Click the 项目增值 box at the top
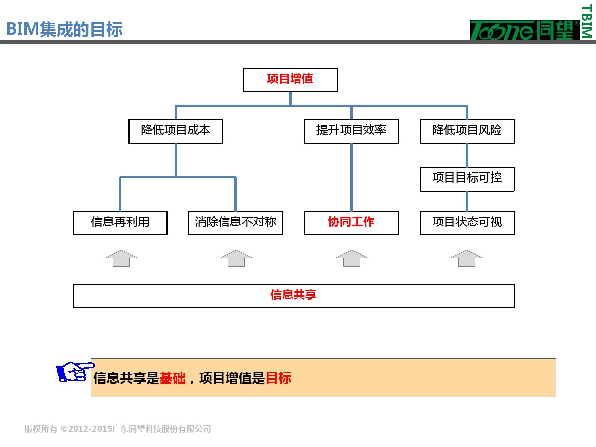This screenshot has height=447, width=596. click(x=290, y=80)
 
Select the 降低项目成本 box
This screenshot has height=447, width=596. click(x=176, y=131)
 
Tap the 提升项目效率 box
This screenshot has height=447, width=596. click(x=351, y=131)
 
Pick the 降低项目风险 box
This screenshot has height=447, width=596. click(x=467, y=131)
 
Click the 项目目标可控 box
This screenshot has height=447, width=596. click(x=467, y=179)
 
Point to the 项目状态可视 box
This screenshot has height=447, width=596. click(x=467, y=223)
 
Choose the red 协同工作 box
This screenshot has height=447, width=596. click(x=351, y=223)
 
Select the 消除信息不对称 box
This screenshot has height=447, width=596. click(x=235, y=223)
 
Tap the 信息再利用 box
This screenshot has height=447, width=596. click(x=120, y=223)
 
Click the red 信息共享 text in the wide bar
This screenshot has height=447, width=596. click(x=293, y=296)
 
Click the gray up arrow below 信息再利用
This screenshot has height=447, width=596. click(x=121, y=258)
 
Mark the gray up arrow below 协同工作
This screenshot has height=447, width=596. click(x=352, y=258)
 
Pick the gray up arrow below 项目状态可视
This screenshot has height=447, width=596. click(x=467, y=258)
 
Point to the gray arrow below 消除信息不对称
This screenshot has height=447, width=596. click(x=236, y=258)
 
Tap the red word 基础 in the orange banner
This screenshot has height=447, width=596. click(x=172, y=378)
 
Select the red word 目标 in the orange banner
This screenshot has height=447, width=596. click(x=278, y=378)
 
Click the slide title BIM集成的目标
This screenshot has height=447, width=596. click(x=65, y=29)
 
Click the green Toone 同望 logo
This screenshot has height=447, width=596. click(x=524, y=30)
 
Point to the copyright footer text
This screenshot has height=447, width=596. click(x=118, y=429)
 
